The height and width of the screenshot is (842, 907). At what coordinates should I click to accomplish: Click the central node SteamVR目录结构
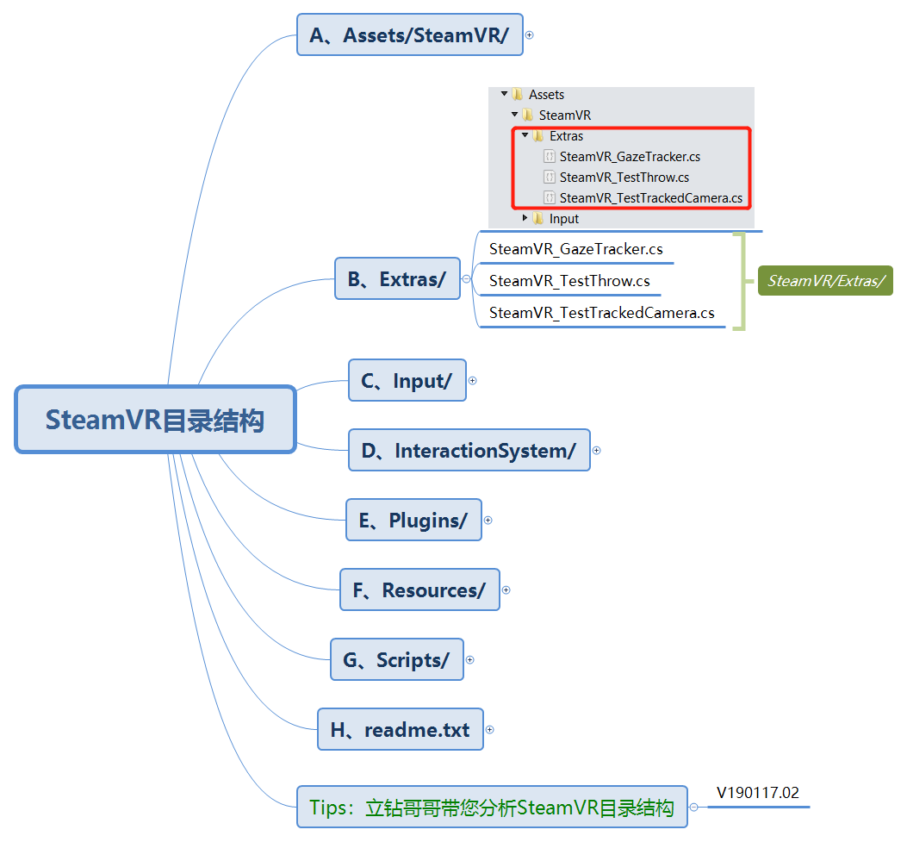pos(155,420)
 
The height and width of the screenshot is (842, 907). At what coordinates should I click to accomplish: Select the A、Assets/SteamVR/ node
pos(409,35)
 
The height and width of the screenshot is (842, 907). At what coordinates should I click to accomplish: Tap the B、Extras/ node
pos(396,279)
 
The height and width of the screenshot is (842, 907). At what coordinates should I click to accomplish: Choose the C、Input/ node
pos(407,381)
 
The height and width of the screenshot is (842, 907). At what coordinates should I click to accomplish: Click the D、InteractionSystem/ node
pos(469,451)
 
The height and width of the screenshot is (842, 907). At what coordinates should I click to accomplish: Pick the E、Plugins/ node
pos(413,521)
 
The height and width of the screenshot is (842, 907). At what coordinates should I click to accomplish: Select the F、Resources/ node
pos(419,590)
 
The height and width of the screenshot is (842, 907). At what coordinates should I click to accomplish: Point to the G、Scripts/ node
pos(396,660)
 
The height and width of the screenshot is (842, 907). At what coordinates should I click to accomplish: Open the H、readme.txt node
pos(400,730)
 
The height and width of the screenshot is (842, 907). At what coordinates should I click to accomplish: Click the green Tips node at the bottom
pos(492,808)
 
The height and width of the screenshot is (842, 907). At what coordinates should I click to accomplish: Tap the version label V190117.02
pos(758,793)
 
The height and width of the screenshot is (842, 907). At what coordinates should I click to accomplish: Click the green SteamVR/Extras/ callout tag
pos(825,281)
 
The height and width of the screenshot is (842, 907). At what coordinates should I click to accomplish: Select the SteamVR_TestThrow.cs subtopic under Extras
pos(569,281)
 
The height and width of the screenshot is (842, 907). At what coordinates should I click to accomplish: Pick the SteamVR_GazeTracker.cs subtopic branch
pos(575,249)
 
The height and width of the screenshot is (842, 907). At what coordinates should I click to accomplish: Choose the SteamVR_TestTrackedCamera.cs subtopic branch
pos(601,313)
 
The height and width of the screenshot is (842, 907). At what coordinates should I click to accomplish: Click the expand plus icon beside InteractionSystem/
pos(597,451)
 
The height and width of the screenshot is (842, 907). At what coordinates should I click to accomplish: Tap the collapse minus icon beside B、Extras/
pos(466,279)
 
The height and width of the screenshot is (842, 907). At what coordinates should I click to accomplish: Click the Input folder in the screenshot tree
pos(563,219)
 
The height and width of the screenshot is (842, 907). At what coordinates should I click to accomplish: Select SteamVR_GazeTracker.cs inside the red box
pos(629,157)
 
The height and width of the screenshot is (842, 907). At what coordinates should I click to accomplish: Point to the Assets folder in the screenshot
pos(546,95)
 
